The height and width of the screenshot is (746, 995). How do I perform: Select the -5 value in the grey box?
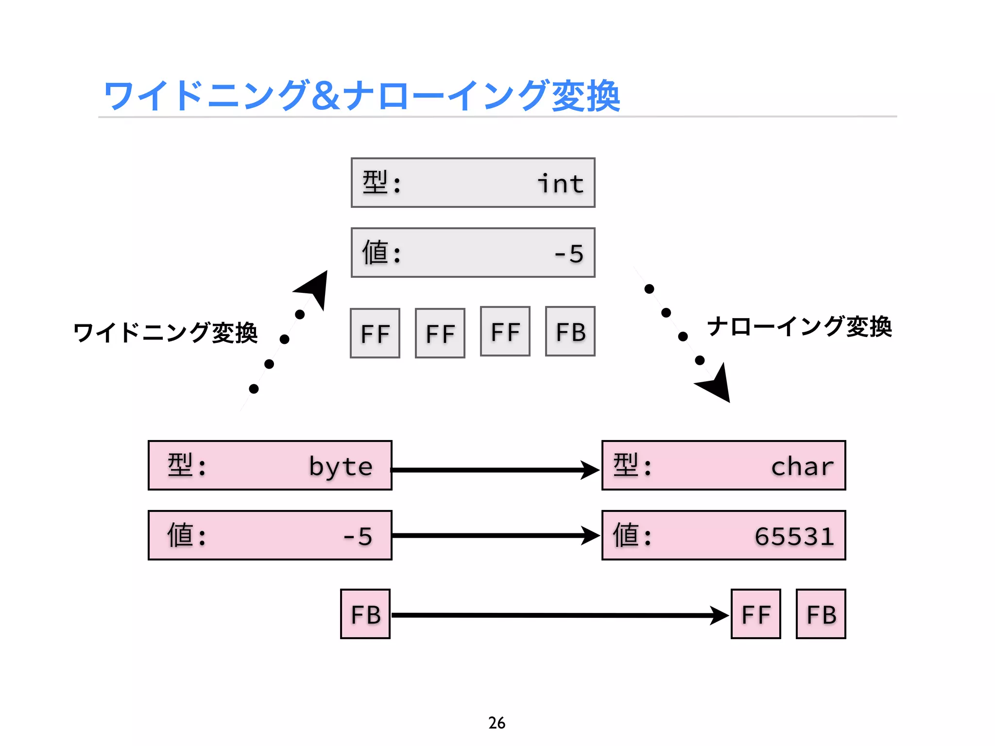pyautogui.click(x=569, y=254)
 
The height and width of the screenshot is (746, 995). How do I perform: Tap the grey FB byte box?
pyautogui.click(x=570, y=332)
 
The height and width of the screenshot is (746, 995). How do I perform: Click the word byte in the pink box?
pyautogui.click(x=341, y=466)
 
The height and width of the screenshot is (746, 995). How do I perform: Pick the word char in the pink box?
pyautogui.click(x=802, y=466)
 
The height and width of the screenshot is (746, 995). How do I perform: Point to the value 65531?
pyautogui.click(x=794, y=536)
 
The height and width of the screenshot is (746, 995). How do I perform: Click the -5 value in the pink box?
pyautogui.click(x=358, y=536)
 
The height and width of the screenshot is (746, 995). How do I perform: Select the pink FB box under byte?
pyautogui.click(x=365, y=614)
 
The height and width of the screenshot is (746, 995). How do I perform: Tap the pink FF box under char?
pyautogui.click(x=756, y=614)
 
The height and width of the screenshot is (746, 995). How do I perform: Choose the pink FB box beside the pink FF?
pyautogui.click(x=821, y=614)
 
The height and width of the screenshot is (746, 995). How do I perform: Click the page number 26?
pyautogui.click(x=497, y=723)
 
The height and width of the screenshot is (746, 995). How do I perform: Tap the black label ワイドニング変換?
pyautogui.click(x=165, y=333)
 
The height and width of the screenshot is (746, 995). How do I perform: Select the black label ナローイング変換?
pyautogui.click(x=799, y=326)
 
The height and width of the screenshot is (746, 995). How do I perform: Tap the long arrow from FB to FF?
pyautogui.click(x=559, y=615)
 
